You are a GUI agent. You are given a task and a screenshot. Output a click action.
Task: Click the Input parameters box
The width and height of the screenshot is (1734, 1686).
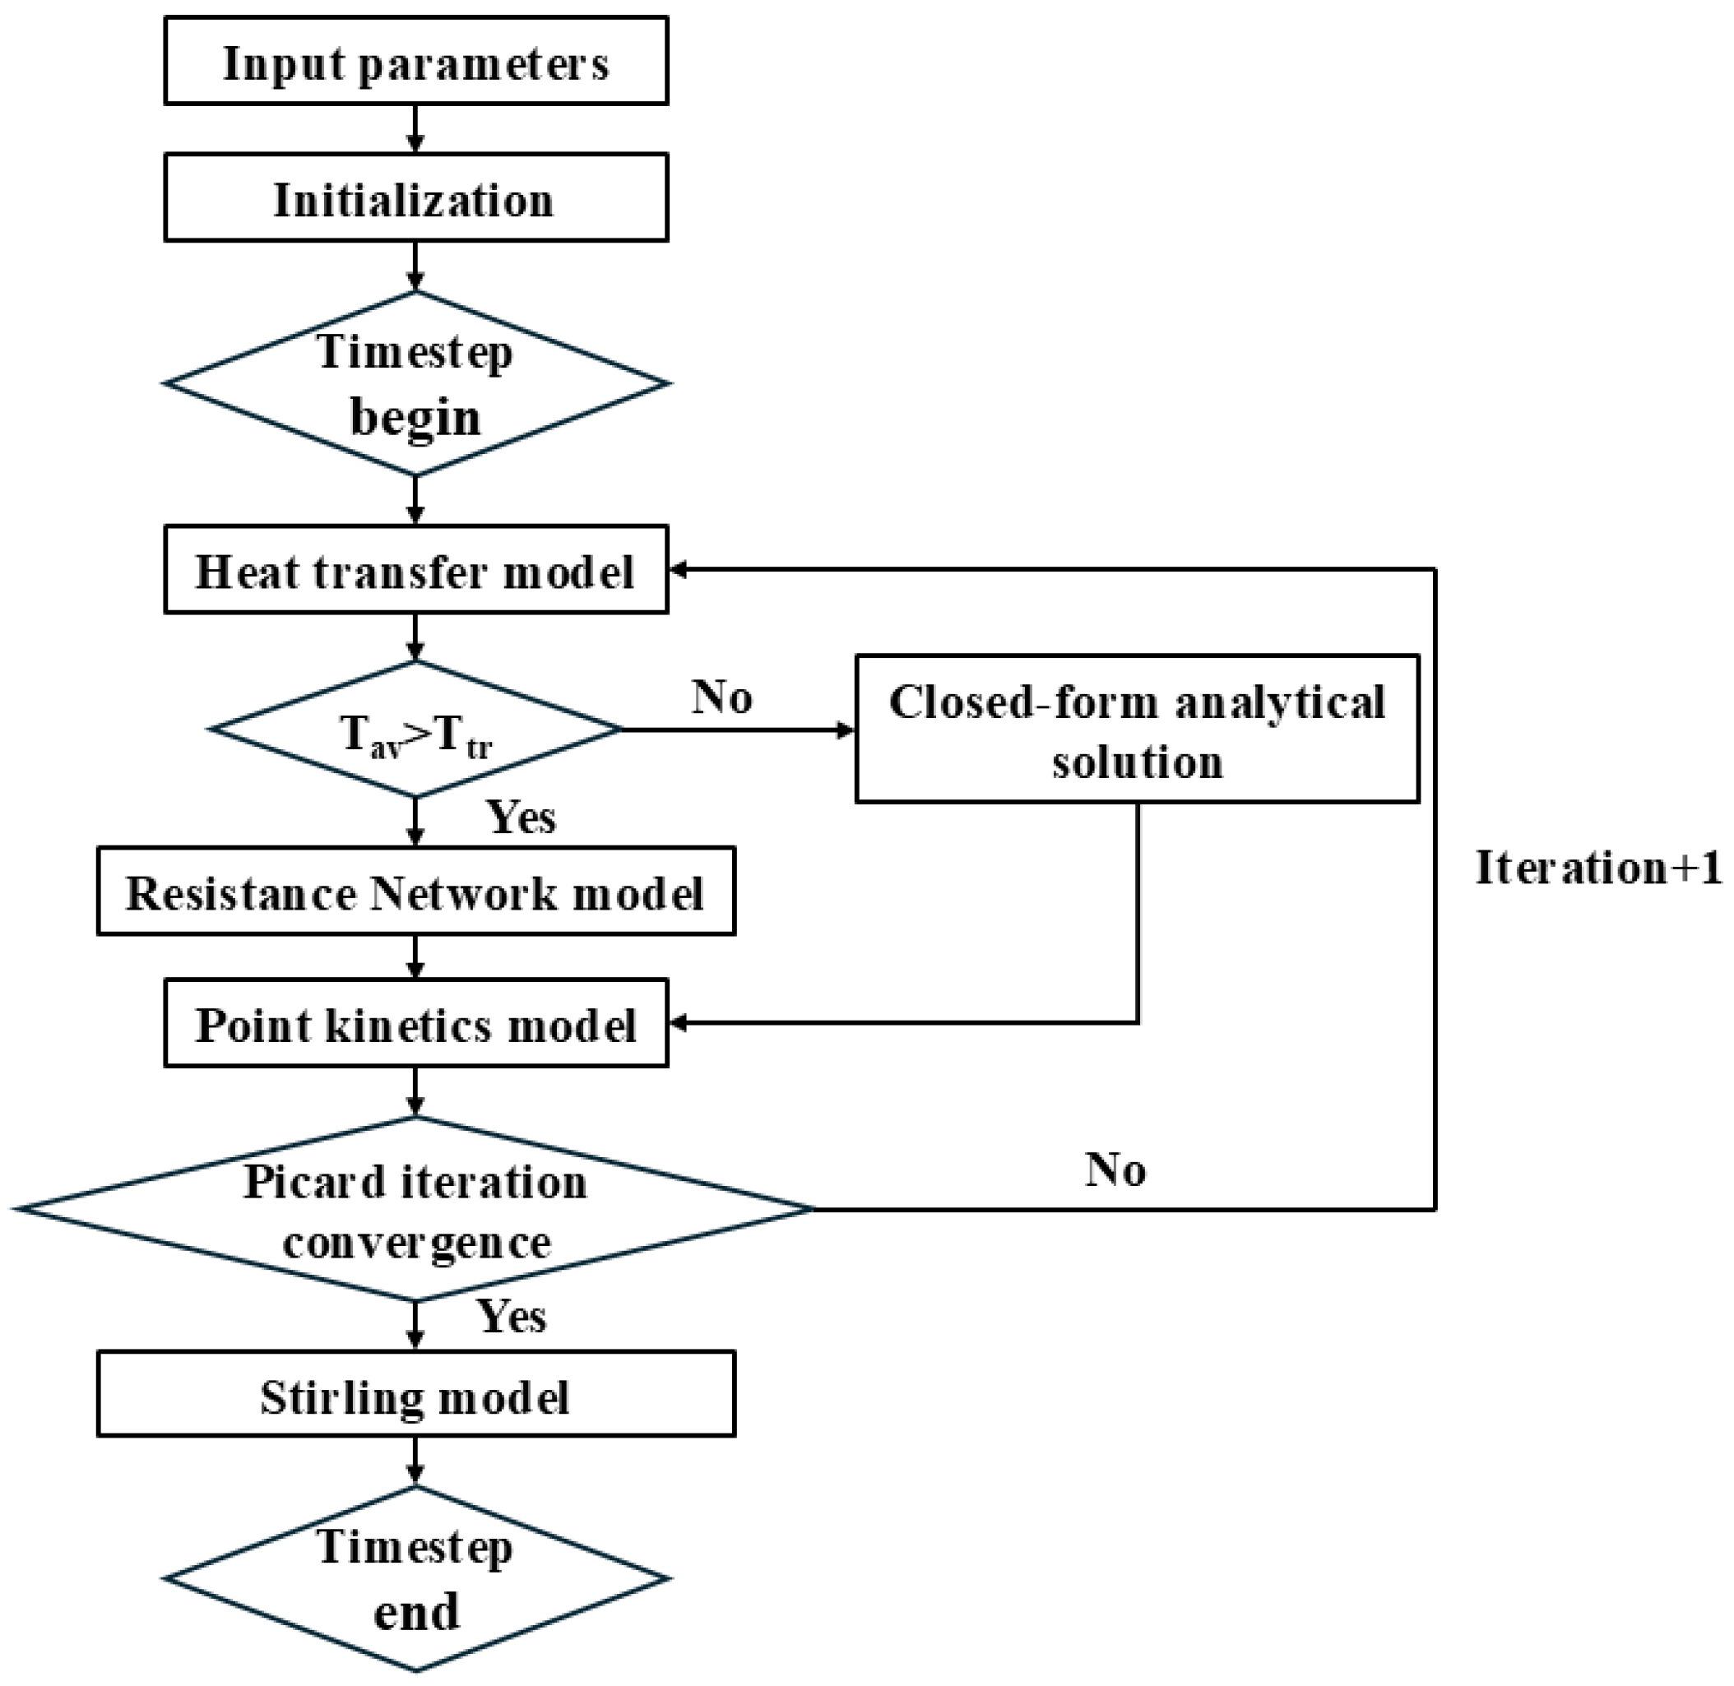pyautogui.click(x=415, y=61)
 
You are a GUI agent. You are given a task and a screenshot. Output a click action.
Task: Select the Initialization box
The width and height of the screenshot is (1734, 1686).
pyautogui.click(x=415, y=197)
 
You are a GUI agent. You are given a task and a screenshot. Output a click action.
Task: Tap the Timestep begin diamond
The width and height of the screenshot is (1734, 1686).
pyautogui.click(x=415, y=383)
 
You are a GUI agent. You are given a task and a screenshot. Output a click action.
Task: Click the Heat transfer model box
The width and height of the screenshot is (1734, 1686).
pyautogui.click(x=415, y=569)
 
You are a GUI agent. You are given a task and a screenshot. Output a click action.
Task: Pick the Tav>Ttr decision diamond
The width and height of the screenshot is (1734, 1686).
pyautogui.click(x=415, y=729)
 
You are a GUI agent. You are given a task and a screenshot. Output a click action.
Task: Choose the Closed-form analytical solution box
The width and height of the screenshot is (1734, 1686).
pyautogui.click(x=1137, y=729)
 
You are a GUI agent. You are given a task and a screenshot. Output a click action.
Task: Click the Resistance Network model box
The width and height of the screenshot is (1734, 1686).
pyautogui.click(x=415, y=891)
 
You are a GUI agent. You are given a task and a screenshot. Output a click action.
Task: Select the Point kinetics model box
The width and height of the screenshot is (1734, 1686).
pyautogui.click(x=415, y=1023)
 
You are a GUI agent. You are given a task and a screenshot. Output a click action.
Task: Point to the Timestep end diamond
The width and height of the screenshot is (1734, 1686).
pyautogui.click(x=415, y=1578)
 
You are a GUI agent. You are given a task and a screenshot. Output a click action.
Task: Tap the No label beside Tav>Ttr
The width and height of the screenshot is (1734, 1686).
pyautogui.click(x=721, y=697)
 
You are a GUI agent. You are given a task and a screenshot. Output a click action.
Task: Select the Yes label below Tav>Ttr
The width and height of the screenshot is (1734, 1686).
pyautogui.click(x=522, y=817)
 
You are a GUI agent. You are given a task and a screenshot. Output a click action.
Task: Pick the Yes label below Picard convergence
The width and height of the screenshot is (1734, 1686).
pyautogui.click(x=512, y=1316)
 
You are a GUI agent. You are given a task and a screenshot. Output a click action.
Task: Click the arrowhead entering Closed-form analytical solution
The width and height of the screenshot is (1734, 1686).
pyautogui.click(x=846, y=730)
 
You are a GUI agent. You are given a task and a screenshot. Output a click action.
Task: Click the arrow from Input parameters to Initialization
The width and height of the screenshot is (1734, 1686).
pyautogui.click(x=415, y=129)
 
